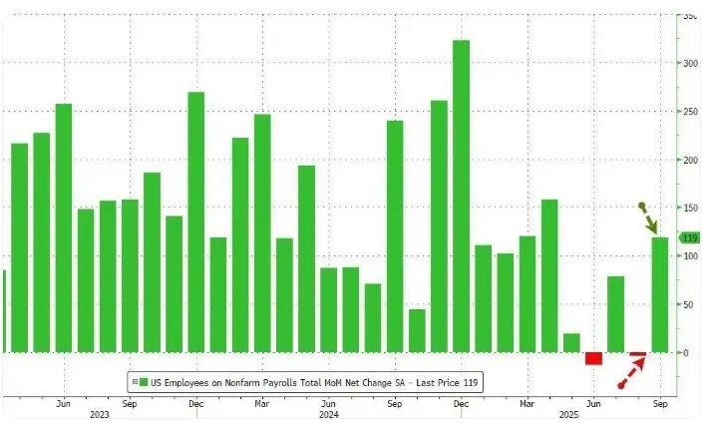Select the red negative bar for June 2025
tap(593, 358)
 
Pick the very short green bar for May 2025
tap(571, 342)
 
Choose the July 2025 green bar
tap(615, 314)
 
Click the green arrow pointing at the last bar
tap(649, 219)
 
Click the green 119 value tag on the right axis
tap(689, 237)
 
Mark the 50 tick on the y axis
tap(688, 304)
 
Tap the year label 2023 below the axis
tap(99, 413)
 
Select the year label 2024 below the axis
tap(329, 413)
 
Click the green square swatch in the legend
tap(144, 381)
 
